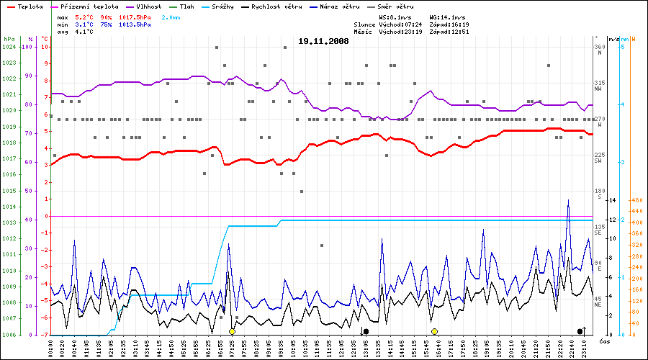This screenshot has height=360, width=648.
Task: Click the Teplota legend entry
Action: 24,6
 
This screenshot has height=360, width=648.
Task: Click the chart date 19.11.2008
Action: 323,42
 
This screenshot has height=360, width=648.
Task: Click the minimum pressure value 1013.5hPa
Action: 135,24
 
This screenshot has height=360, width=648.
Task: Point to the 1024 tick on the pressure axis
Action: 9,47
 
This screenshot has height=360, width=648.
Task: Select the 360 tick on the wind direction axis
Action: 600,48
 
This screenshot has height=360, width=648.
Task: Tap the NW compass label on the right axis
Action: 598,89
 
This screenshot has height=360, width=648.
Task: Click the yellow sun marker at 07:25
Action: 232,331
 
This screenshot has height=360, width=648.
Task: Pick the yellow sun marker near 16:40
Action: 435,331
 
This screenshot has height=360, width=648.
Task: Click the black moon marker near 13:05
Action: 366,331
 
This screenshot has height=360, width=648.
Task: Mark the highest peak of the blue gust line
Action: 568,200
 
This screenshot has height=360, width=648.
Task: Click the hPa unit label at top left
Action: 9,39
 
